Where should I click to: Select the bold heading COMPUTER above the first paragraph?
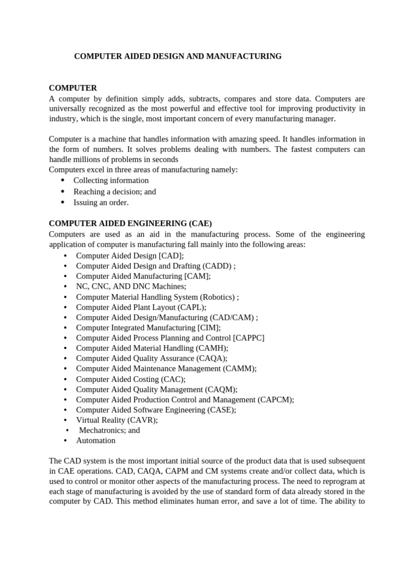(x=73, y=88)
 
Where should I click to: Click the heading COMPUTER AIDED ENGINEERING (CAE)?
(x=130, y=224)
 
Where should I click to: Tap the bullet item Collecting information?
(x=111, y=180)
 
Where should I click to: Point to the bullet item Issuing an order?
(x=101, y=202)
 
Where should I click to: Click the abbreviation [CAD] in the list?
(x=171, y=255)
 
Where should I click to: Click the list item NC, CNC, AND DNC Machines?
(x=131, y=286)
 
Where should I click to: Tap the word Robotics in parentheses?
(x=217, y=296)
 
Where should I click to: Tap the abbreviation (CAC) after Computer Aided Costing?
(x=173, y=379)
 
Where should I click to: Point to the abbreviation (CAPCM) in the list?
(x=276, y=399)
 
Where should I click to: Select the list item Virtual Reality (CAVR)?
(x=116, y=420)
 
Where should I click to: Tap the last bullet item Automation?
(x=96, y=440)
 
